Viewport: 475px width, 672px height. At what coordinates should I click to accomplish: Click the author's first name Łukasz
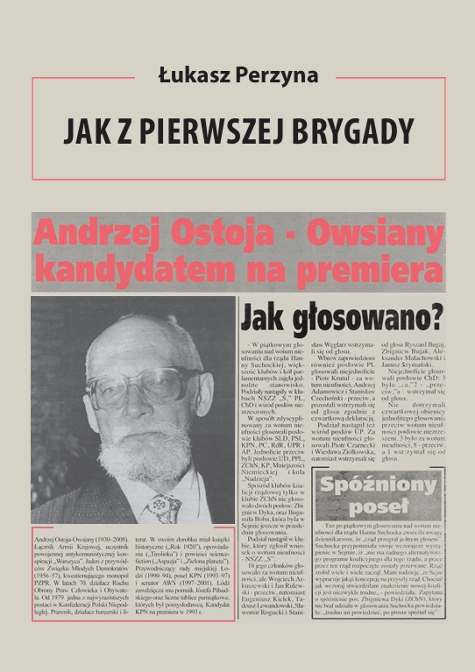pos(192,75)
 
